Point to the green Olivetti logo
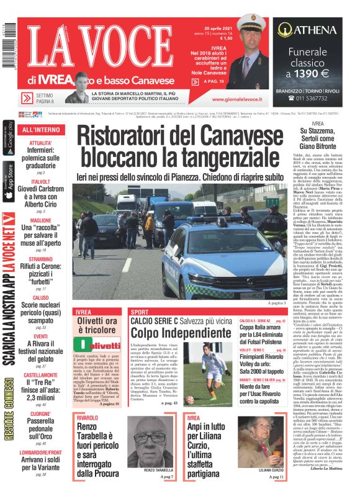[99, 346]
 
